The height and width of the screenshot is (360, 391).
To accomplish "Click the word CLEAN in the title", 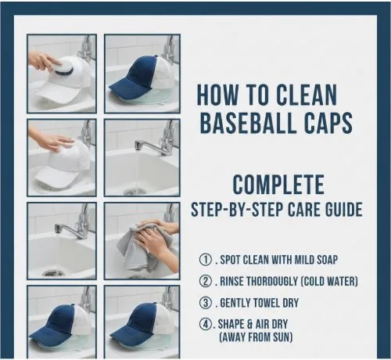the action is pyautogui.click(x=307, y=95).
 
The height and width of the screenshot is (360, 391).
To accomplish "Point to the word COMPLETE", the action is pyautogui.click(x=278, y=185).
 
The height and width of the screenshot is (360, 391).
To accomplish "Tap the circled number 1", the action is pyautogui.click(x=206, y=260).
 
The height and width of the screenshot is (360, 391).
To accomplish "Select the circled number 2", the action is pyautogui.click(x=206, y=282).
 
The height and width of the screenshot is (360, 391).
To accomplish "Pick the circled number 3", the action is pyautogui.click(x=206, y=303).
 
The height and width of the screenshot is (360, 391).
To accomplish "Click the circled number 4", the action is pyautogui.click(x=206, y=324).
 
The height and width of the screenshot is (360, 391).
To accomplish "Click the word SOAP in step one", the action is pyautogui.click(x=327, y=260).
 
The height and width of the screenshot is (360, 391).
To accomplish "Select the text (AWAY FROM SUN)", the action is pyautogui.click(x=256, y=337).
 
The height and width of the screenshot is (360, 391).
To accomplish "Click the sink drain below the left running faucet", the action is pyautogui.click(x=53, y=273).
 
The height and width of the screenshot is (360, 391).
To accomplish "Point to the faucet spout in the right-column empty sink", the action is pyautogui.click(x=143, y=144).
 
